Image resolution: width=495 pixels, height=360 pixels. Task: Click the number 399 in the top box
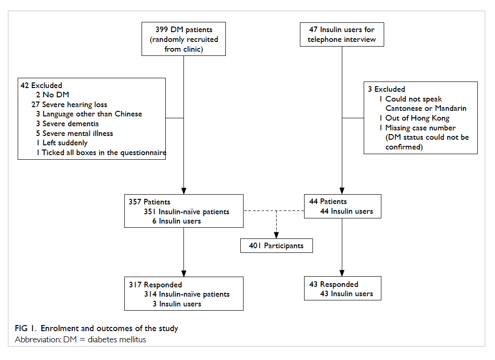tap(161, 30)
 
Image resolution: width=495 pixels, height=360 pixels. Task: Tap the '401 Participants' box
tap(277, 246)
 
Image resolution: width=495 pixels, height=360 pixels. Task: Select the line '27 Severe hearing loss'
tap(69, 104)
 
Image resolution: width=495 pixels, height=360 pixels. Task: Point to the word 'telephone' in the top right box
tap(325, 40)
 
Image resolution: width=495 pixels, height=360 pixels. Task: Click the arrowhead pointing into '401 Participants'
tap(276, 235)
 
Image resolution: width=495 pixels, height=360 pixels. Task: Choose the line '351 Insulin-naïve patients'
tap(187, 211)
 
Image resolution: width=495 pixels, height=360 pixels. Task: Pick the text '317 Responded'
tap(156, 285)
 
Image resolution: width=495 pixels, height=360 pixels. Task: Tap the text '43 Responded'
tap(334, 284)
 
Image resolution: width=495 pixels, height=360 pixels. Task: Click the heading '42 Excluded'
tap(41, 86)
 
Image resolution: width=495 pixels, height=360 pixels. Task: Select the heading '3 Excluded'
tap(387, 89)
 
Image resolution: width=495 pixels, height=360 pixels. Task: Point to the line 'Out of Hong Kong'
tap(414, 118)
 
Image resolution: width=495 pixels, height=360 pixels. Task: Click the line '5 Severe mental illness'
tap(75, 133)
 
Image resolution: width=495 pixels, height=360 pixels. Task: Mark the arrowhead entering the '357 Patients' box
tap(184, 191)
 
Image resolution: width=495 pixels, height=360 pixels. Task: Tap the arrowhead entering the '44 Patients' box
tap(342, 191)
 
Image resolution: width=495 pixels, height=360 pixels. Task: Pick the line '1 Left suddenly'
tap(62, 143)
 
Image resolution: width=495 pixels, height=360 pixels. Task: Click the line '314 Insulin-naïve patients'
tap(187, 294)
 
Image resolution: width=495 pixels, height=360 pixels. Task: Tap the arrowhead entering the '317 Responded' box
tap(184, 274)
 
